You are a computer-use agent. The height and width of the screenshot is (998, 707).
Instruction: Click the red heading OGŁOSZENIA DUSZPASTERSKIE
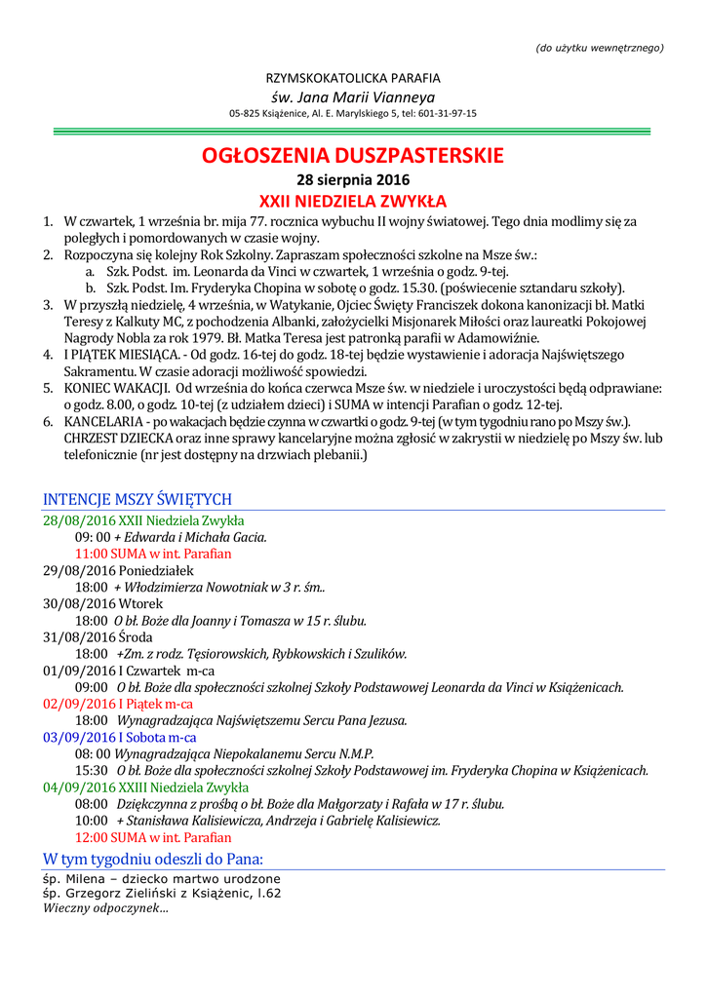(353, 155)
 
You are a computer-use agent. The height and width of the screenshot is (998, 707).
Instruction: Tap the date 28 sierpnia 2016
(353, 179)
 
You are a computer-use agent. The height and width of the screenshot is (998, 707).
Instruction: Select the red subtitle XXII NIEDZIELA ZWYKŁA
(353, 202)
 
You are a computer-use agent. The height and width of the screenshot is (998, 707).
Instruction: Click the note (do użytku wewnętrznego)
(600, 48)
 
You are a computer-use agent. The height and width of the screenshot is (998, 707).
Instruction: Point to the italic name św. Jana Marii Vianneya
(353, 96)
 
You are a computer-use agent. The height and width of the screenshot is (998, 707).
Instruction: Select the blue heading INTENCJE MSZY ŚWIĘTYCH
(137, 499)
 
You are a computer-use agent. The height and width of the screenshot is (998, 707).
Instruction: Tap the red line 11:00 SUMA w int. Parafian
(153, 554)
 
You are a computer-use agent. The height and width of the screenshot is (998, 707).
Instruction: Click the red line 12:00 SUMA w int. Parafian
(153, 837)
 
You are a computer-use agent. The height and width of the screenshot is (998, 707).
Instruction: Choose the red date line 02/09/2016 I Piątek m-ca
(118, 704)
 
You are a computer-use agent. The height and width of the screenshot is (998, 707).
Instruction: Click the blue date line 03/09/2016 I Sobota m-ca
(120, 738)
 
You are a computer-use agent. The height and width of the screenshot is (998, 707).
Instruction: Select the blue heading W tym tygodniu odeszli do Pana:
(153, 859)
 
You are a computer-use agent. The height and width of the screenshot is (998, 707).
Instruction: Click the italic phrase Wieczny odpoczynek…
(105, 908)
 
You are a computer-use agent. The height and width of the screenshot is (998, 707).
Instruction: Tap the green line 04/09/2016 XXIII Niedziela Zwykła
(145, 787)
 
